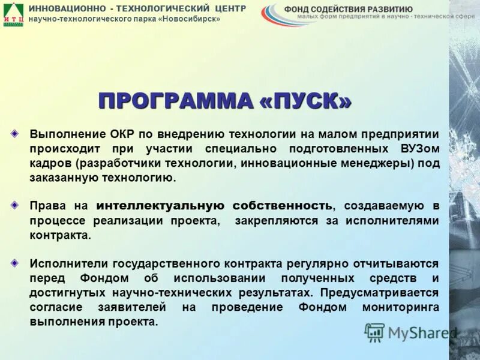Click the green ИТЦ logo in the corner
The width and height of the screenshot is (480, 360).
(x=13, y=13)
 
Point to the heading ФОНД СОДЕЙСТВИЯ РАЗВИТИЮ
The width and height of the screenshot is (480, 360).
(x=348, y=9)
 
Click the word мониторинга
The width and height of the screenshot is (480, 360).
(x=401, y=307)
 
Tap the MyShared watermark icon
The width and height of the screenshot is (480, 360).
(x=374, y=332)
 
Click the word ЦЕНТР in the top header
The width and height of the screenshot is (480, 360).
(x=229, y=8)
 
